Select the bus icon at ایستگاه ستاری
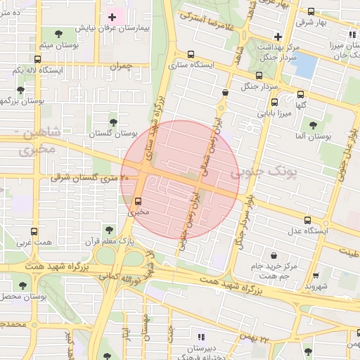pyautogui.click(x=191, y=55)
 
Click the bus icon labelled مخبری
pyautogui.click(x=137, y=200)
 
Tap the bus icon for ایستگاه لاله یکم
pyautogui.click(x=18, y=70)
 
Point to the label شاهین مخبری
pyautogui.click(x=35, y=141)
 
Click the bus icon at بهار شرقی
pyautogui.click(x=311, y=12)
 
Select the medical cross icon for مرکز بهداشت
pyautogui.click(x=278, y=36)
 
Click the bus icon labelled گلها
pyautogui.click(x=301, y=94)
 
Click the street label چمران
pyautogui.click(x=121, y=65)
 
